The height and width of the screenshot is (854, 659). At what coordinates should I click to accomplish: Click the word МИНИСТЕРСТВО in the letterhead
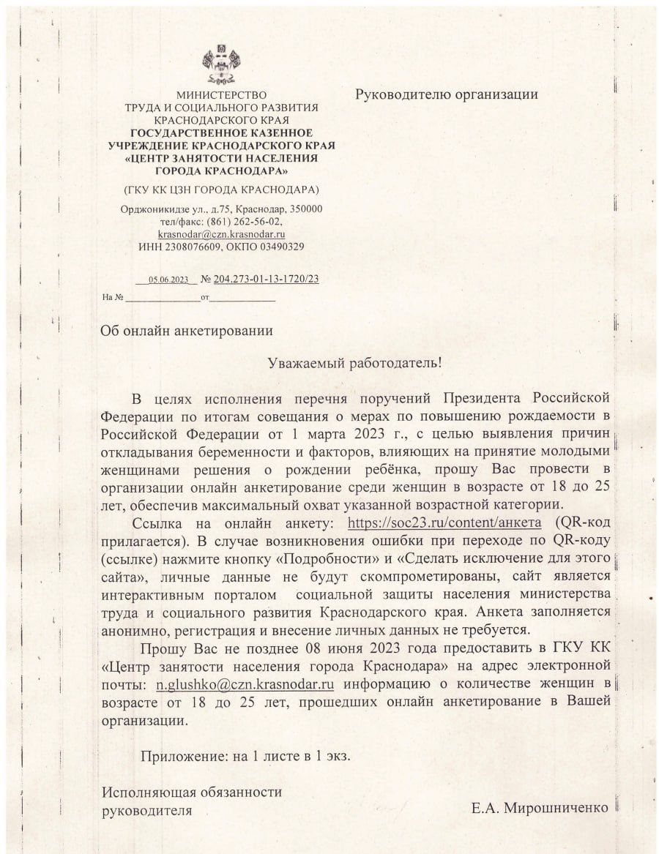coord(221,95)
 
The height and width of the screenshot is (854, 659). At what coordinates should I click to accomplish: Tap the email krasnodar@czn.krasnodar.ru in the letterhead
coord(221,234)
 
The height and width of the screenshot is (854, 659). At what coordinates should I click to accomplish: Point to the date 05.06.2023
coord(168,280)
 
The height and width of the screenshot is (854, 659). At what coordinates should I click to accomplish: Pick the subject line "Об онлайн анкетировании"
coord(187,330)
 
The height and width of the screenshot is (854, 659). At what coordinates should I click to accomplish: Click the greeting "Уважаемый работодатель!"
coord(355,362)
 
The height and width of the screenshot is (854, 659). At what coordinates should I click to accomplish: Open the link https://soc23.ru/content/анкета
coord(444,522)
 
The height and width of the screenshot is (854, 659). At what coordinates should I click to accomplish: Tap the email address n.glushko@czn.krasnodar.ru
coord(245,685)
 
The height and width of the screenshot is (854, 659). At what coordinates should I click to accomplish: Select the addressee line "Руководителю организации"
coord(447,94)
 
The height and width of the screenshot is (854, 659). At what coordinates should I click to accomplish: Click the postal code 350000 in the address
coord(303,209)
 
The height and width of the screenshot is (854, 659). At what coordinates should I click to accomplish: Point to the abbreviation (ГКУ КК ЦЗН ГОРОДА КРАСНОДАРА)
coord(221,190)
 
